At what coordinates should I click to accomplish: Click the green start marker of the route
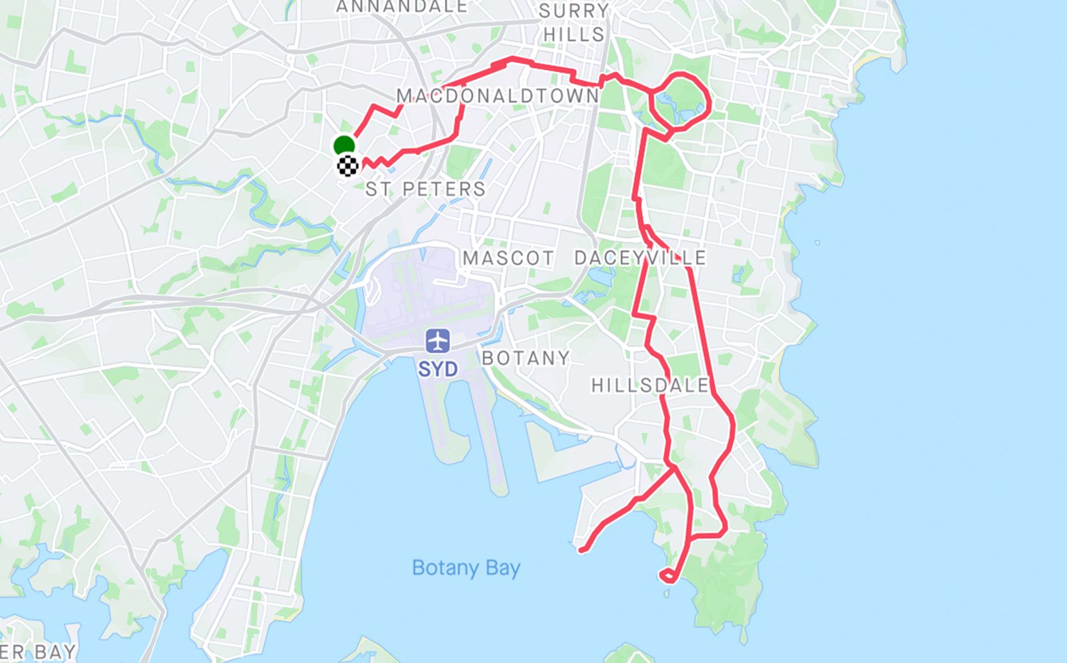coord(344,145)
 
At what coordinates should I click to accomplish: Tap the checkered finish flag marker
coord(348,165)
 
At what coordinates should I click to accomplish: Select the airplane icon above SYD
coord(437,341)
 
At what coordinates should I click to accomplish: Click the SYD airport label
coord(437,369)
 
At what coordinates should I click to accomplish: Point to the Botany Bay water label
coord(465,568)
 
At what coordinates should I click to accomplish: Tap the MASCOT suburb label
coord(508,258)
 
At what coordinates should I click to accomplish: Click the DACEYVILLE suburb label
coord(640,258)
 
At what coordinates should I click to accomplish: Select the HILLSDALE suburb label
coord(650,385)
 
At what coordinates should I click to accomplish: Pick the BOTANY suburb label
coord(525,358)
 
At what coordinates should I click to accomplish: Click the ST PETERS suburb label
coord(425,189)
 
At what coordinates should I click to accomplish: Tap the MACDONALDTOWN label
coord(498,96)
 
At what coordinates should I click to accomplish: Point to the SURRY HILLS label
coord(574,23)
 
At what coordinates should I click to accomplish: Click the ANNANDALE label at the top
coord(401,7)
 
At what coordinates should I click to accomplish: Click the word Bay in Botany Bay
coord(503,568)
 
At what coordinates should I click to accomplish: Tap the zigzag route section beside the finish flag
coord(377,162)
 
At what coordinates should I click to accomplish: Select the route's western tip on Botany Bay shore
coord(582,550)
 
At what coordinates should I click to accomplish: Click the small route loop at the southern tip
coord(669,576)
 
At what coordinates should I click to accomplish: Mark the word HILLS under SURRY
coord(574,35)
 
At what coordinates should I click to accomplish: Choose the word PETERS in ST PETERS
coord(444,189)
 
